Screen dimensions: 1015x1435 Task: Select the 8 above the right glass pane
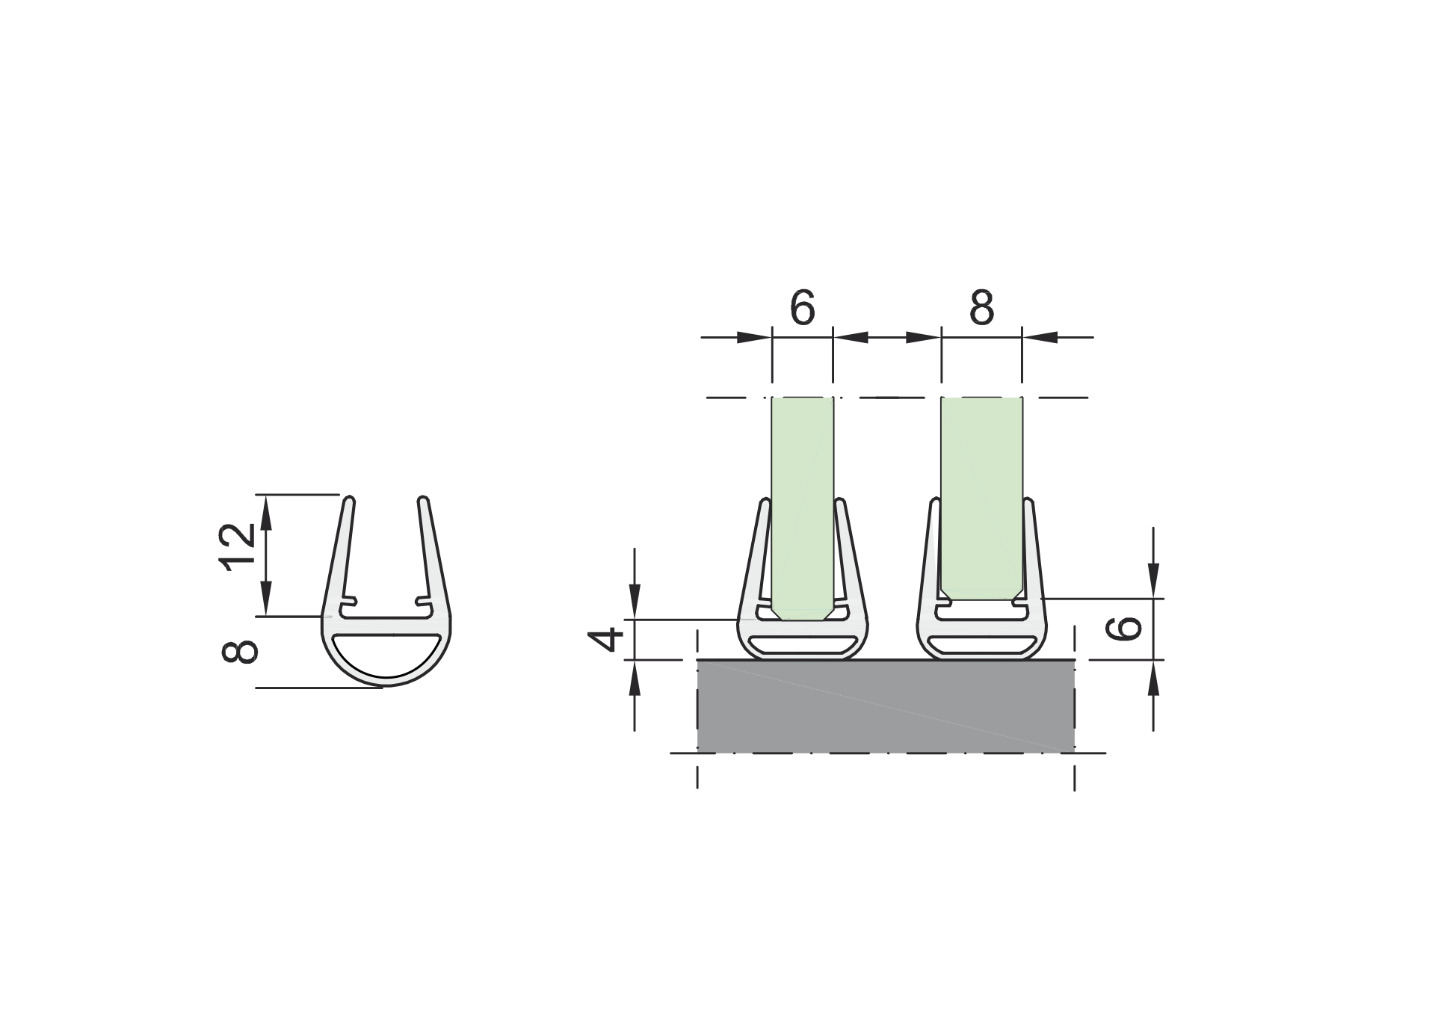pyautogui.click(x=981, y=307)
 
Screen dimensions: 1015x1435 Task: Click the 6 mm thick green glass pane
pyautogui.click(x=802, y=501)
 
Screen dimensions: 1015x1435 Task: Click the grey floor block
pyautogui.click(x=886, y=706)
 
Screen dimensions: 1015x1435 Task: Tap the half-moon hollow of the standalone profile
pyautogui.click(x=386, y=653)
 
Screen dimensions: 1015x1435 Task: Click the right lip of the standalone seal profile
pyautogui.click(x=433, y=553)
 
